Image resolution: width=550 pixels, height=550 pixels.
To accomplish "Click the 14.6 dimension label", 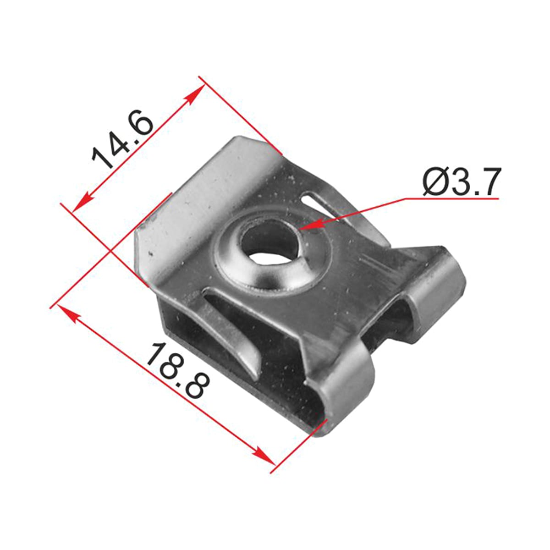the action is [x=123, y=139].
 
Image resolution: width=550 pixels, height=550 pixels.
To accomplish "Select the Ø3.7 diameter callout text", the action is [x=461, y=181].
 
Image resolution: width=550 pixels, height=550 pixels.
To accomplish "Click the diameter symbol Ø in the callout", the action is [x=435, y=182].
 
